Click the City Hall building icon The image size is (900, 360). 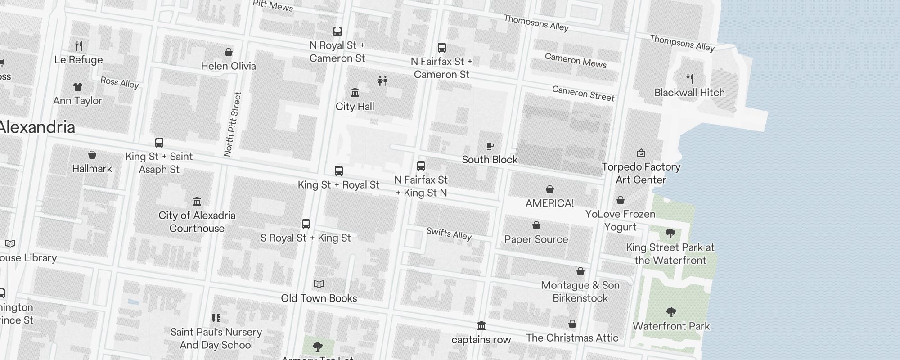355,93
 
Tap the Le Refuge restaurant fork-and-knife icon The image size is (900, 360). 79,45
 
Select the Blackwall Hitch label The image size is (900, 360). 689,93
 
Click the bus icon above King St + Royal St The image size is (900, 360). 339,171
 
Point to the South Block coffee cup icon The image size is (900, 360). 490,146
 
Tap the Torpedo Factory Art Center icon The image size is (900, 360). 641,153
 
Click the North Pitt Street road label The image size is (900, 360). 233,124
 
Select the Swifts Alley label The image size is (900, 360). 449,234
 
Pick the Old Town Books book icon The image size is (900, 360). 319,284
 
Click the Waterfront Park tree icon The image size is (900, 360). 671,312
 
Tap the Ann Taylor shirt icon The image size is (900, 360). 78,87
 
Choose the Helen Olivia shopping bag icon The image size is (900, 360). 229,52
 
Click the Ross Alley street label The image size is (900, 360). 120,82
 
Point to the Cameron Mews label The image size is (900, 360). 576,60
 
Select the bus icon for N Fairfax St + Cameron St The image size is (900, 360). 442,48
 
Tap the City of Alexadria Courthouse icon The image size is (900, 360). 197,201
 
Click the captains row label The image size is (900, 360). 481,340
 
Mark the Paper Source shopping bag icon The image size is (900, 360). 536,225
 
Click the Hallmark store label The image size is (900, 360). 92,169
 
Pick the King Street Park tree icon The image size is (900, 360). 670,234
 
